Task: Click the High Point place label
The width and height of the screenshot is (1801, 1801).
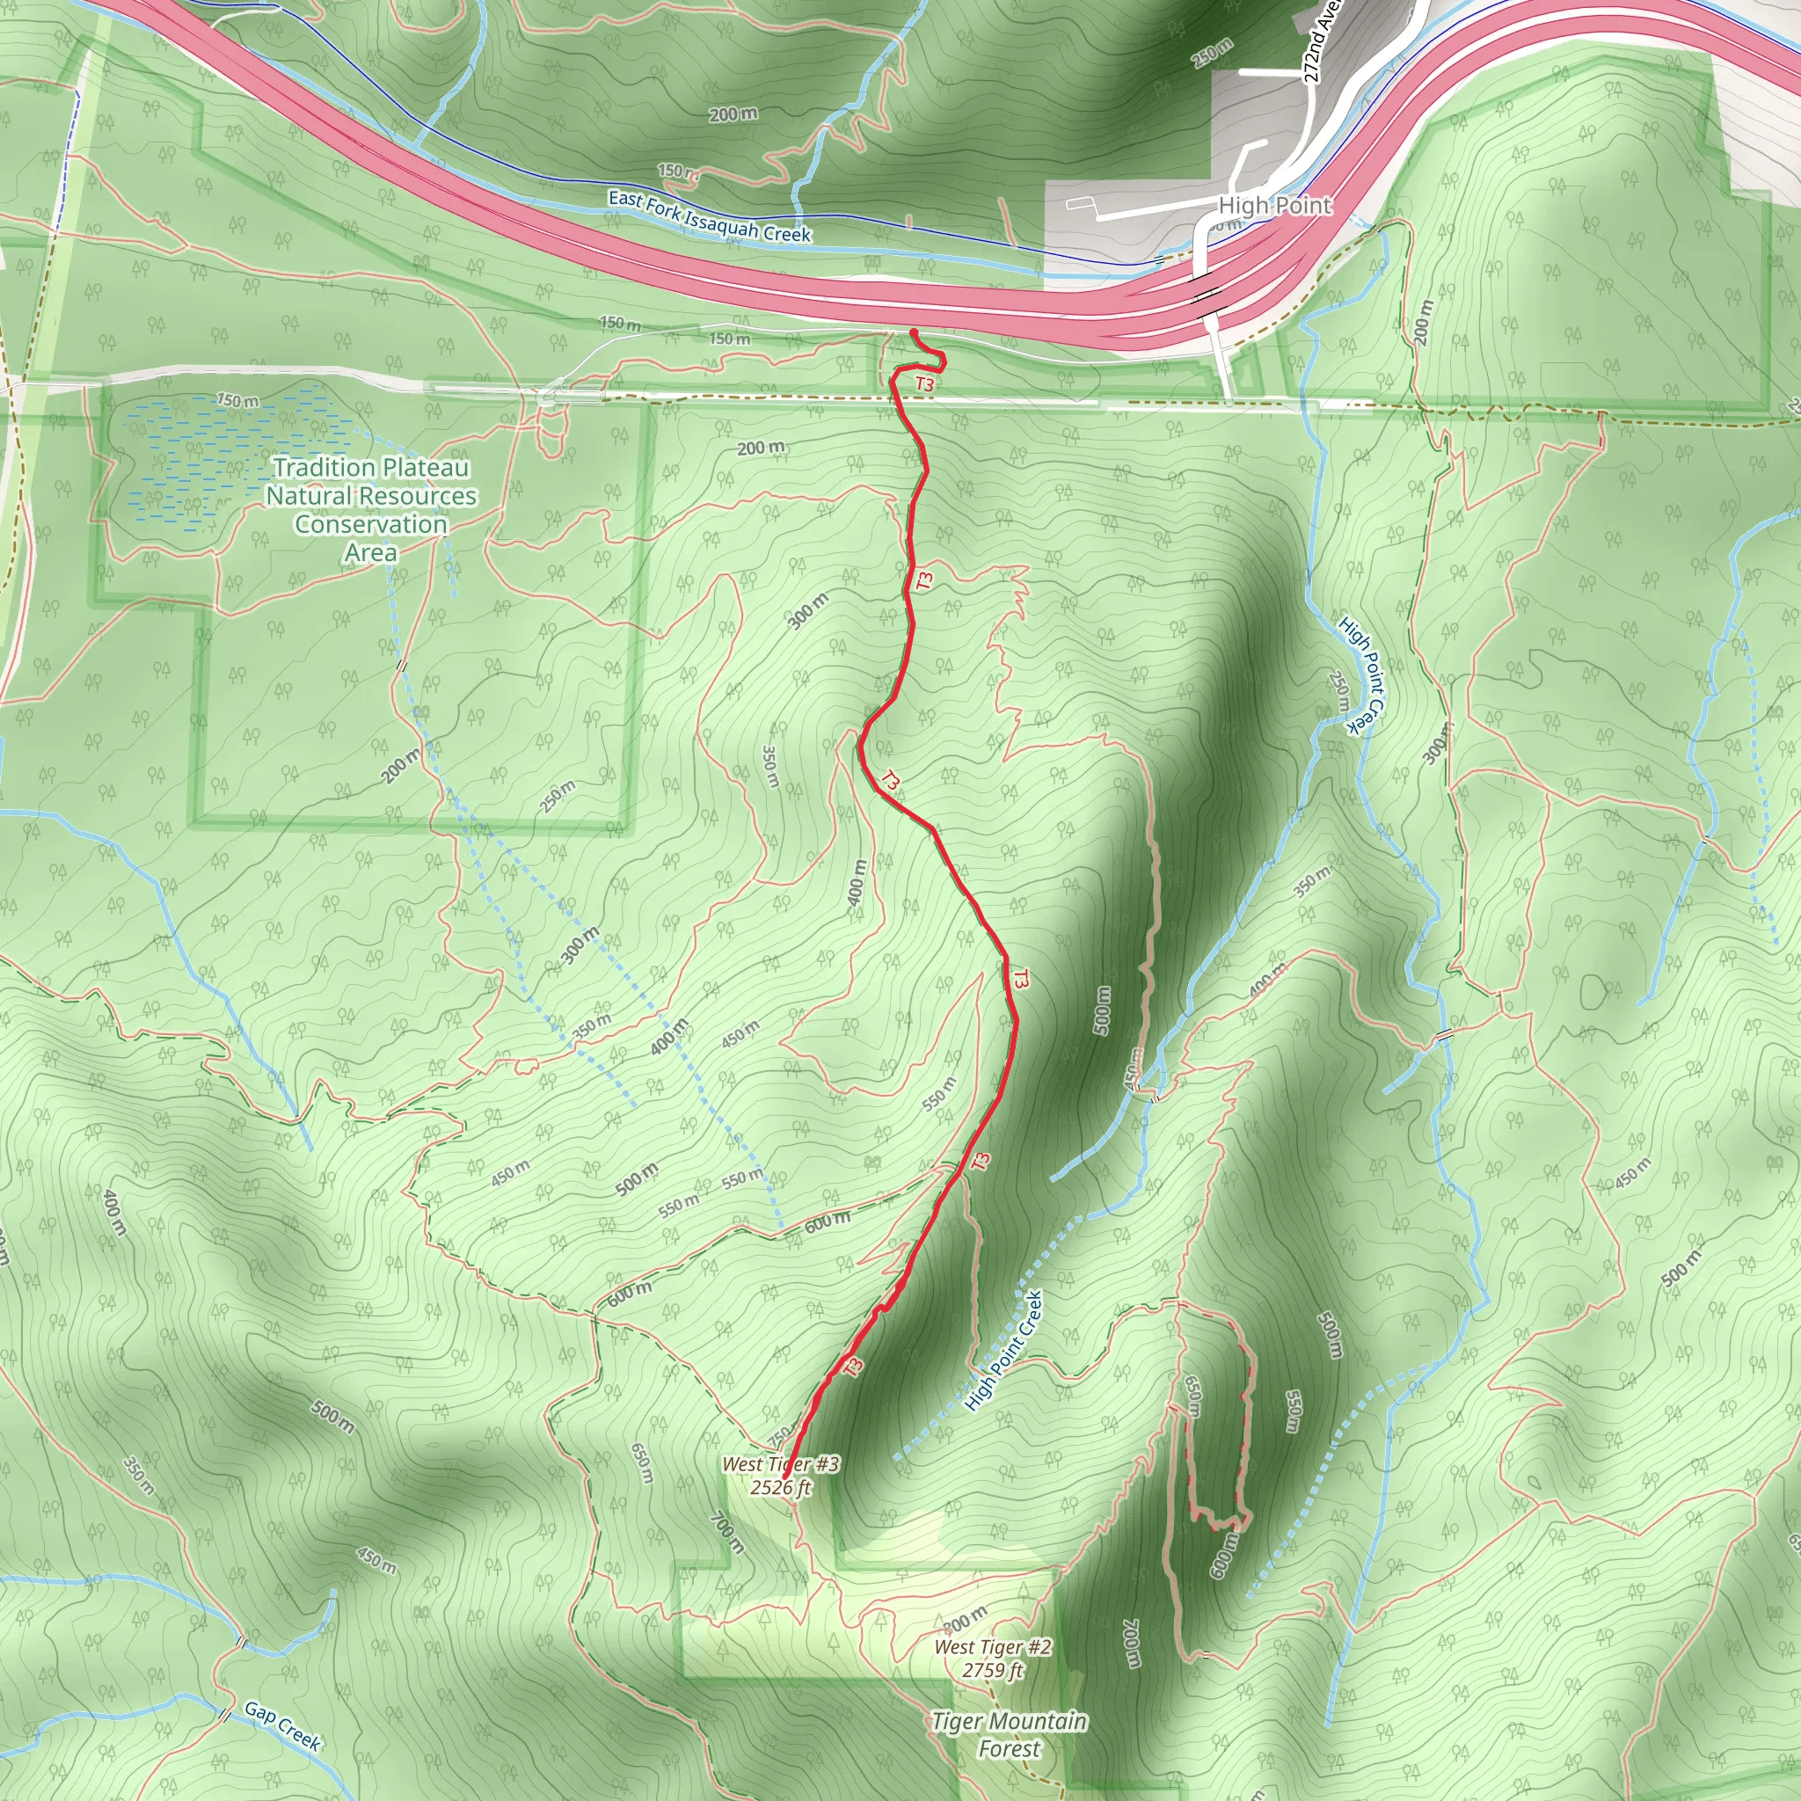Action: tap(1274, 206)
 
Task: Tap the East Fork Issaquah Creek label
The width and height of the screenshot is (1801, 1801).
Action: tap(709, 216)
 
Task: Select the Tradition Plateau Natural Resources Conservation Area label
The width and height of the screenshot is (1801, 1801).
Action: tap(371, 509)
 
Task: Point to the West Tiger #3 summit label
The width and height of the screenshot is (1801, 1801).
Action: tap(780, 1464)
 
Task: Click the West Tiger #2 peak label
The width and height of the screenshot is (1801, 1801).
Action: tap(993, 1647)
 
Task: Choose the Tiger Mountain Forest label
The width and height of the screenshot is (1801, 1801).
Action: tap(1010, 1735)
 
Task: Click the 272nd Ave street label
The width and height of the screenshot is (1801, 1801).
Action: tap(1321, 42)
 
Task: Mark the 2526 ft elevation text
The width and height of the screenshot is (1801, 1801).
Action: tap(780, 1487)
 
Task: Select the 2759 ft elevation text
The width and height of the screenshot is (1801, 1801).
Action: tap(993, 1670)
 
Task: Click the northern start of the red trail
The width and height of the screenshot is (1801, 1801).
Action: tap(913, 332)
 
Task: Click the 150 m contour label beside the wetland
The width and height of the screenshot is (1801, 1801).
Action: tap(237, 401)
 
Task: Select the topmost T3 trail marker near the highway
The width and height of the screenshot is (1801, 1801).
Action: tap(924, 384)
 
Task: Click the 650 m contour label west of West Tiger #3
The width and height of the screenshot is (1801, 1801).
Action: tap(641, 1465)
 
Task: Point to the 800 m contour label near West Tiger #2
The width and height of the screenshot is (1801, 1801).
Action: tap(965, 1619)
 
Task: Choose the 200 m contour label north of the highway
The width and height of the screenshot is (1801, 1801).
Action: tap(733, 114)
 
